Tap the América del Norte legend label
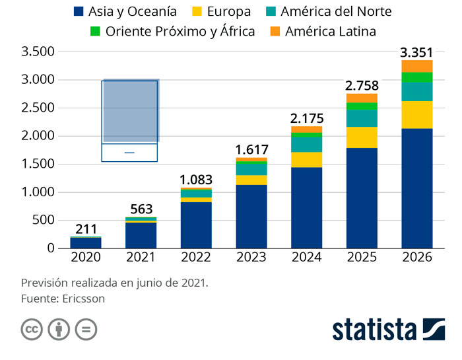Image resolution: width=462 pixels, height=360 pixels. point(335,12)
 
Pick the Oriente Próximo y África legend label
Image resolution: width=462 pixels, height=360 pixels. point(180,32)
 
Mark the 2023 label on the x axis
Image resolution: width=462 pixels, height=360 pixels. point(251,258)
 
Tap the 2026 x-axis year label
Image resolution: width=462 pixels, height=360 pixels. point(417,258)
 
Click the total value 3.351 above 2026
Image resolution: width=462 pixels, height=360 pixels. point(417,52)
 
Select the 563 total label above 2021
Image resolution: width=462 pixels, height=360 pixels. point(141,209)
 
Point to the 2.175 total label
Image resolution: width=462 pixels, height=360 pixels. point(307,118)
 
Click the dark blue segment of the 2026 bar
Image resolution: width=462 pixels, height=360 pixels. point(417,188)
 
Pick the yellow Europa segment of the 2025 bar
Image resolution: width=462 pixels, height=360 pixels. point(362,137)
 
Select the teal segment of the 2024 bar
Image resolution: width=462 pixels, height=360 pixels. point(307,143)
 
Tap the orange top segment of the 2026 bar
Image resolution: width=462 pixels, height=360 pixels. point(417,66)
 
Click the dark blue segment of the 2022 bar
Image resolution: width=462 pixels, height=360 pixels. point(196,225)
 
